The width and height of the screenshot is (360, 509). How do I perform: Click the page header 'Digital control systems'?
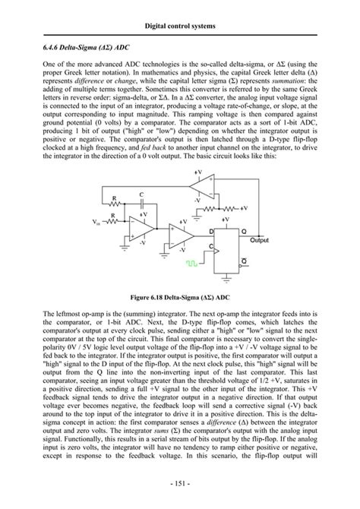coord(180,27)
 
